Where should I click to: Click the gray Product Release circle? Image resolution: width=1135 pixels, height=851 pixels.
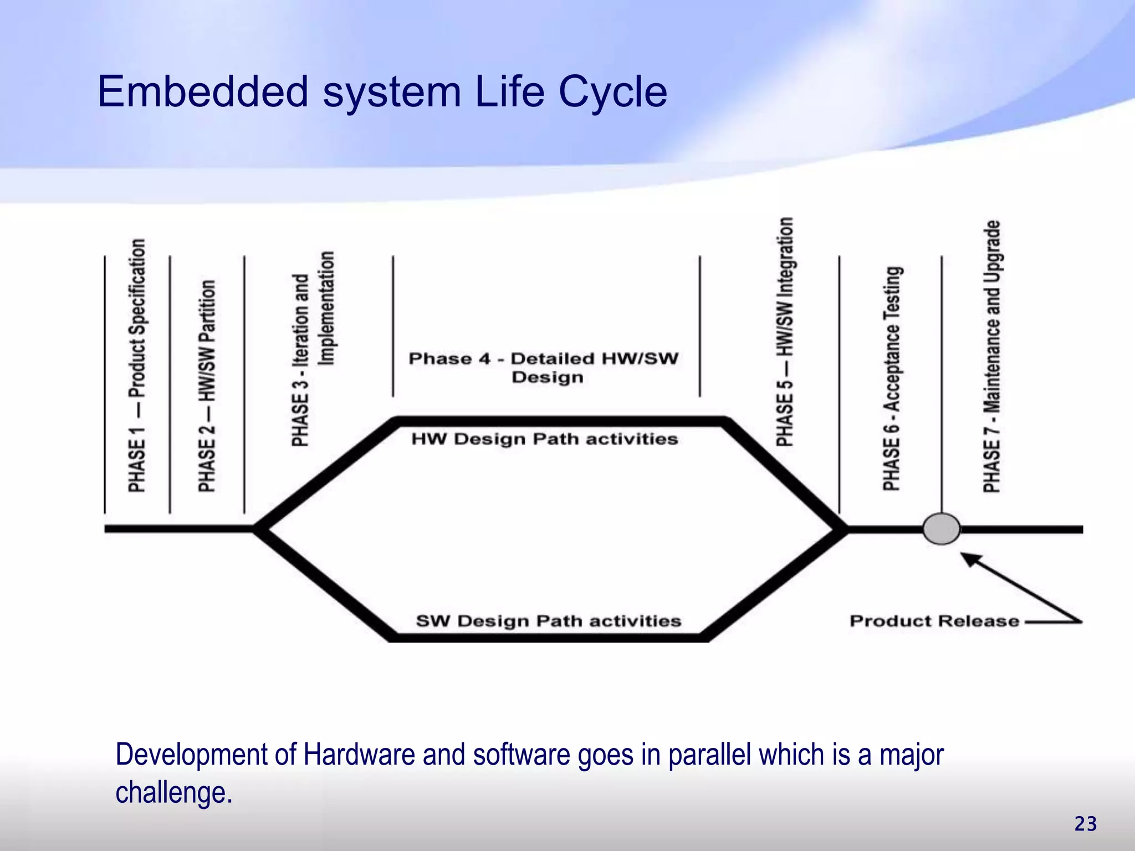[x=941, y=529]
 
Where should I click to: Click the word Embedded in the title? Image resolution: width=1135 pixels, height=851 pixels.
[x=202, y=91]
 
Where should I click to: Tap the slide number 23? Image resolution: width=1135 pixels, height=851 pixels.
[x=1085, y=824]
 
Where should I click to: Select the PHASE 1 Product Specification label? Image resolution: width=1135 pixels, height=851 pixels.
[x=137, y=366]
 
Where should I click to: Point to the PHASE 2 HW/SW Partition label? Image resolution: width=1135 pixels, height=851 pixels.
[x=207, y=386]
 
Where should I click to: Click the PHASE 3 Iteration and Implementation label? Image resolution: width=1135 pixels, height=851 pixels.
[x=313, y=349]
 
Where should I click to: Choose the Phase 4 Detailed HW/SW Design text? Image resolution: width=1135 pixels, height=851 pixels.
[x=544, y=367]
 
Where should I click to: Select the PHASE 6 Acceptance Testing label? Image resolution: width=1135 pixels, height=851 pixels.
[x=892, y=378]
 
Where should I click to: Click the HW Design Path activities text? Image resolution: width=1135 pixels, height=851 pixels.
[x=544, y=439]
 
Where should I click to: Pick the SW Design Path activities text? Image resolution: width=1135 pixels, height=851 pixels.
[x=548, y=621]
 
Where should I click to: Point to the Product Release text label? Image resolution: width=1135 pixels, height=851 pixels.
[x=934, y=621]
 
